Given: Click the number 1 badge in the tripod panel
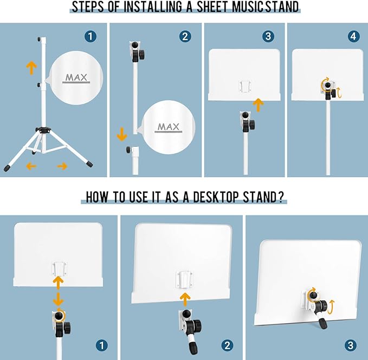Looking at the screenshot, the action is point(91,36).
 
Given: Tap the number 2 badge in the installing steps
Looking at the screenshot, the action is point(185,36).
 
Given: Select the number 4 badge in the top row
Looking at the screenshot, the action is point(353,36).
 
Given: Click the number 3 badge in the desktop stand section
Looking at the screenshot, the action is point(351,345).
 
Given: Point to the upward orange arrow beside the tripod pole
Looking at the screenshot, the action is point(31,68).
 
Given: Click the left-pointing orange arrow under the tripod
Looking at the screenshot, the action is point(31,166).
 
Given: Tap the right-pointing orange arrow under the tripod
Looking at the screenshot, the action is point(62,166).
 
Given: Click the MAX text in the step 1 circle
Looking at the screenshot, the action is point(76,77).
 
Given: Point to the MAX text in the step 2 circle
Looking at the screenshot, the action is point(168,127).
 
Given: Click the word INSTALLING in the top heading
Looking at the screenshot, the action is point(152,7).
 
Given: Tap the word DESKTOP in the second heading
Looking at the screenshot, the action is point(216,197).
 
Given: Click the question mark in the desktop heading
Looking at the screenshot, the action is point(280,197).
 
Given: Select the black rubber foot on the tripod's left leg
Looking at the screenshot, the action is point(7,167).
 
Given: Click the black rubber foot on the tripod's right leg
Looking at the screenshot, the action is point(90,163).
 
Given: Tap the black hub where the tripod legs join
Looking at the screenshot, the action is point(43,130).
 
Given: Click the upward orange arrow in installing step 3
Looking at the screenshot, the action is point(259,105).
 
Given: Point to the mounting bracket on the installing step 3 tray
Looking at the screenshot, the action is point(246,86).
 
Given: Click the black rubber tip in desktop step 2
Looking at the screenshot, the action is point(192,348).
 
